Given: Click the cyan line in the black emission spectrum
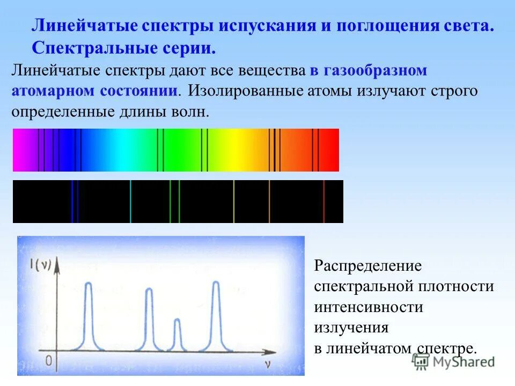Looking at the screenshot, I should coord(130,201).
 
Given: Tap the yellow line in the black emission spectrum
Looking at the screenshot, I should coord(234,201).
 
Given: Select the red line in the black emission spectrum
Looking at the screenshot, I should coord(323,201).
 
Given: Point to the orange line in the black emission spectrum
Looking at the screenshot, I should coord(269,201).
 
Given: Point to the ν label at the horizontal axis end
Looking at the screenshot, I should coord(267,364).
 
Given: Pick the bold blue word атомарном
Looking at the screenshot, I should coord(52,90).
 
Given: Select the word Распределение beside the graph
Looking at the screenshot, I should coord(368,265).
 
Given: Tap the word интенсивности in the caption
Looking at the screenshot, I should coord(369,307).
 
